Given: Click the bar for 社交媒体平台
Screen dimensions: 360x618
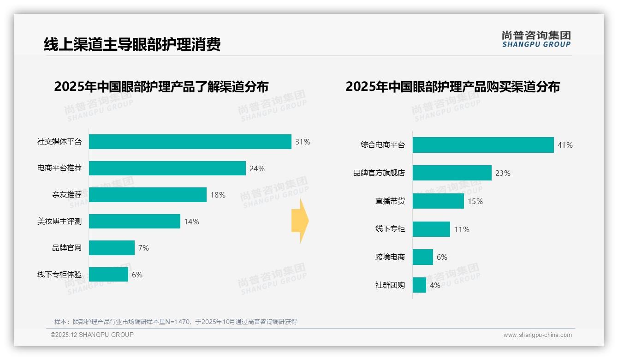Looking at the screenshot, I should point(190,142).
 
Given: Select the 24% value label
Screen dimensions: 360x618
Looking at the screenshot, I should point(257,168).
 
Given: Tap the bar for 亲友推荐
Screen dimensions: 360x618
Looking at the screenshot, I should point(148,195).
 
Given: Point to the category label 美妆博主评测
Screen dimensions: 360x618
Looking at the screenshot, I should point(59,222).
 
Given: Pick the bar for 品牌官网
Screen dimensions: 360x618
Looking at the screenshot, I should point(112,248).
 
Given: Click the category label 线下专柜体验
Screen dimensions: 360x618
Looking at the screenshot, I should point(59,275).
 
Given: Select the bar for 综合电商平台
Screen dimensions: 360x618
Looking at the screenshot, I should point(483,145).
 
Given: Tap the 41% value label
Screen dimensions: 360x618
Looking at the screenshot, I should point(565,145).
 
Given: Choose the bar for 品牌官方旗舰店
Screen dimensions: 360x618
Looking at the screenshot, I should point(452,173).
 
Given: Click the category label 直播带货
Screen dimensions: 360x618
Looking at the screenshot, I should point(390,201).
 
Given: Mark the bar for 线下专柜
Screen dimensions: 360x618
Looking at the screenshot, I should point(431,229).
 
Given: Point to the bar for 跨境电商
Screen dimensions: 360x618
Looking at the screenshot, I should point(423,257).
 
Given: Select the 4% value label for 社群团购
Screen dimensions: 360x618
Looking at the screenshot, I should point(435,285).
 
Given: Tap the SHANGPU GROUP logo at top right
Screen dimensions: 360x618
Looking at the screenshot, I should point(536,39).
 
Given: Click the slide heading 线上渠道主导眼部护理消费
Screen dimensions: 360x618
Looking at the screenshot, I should point(132,44).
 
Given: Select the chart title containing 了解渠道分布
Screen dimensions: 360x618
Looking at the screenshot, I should point(161,87).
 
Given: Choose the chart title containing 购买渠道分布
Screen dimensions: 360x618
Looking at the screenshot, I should point(452,87).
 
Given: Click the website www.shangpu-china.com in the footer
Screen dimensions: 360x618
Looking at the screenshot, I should point(537,335).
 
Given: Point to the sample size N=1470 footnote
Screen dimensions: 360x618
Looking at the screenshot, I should point(176,322).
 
